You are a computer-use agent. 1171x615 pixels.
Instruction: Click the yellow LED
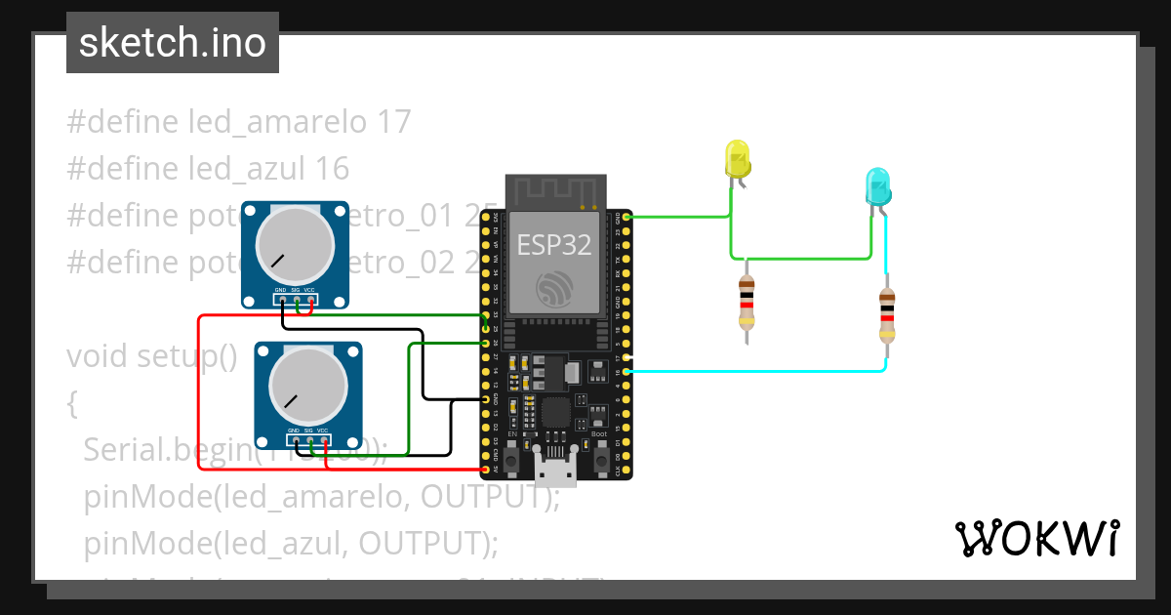pos(737,158)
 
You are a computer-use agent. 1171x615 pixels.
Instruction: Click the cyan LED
pos(878,185)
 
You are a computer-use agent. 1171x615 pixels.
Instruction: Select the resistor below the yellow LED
pos(747,302)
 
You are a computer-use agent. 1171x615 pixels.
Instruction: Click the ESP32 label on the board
pos(553,245)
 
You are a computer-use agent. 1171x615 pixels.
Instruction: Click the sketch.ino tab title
pos(173,43)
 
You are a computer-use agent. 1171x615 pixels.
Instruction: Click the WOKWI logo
pos(1036,538)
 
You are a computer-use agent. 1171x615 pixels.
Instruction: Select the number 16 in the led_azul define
pos(332,169)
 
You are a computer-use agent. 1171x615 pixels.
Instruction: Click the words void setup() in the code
pos(152,356)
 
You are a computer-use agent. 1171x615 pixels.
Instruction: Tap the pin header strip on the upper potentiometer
pos(296,298)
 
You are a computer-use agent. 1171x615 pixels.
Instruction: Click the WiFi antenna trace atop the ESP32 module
pos(556,191)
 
